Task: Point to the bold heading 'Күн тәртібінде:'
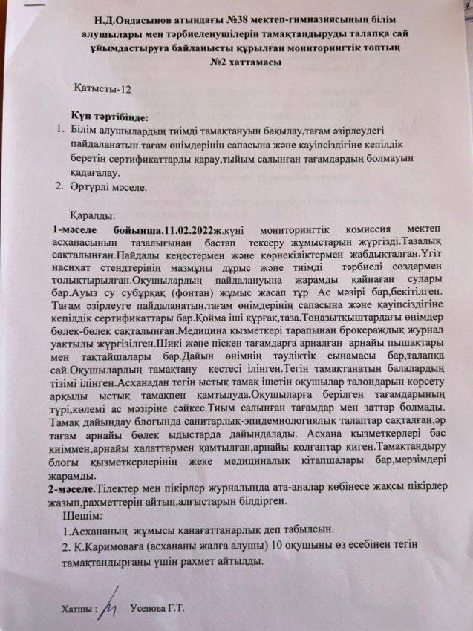tap(110, 117)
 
